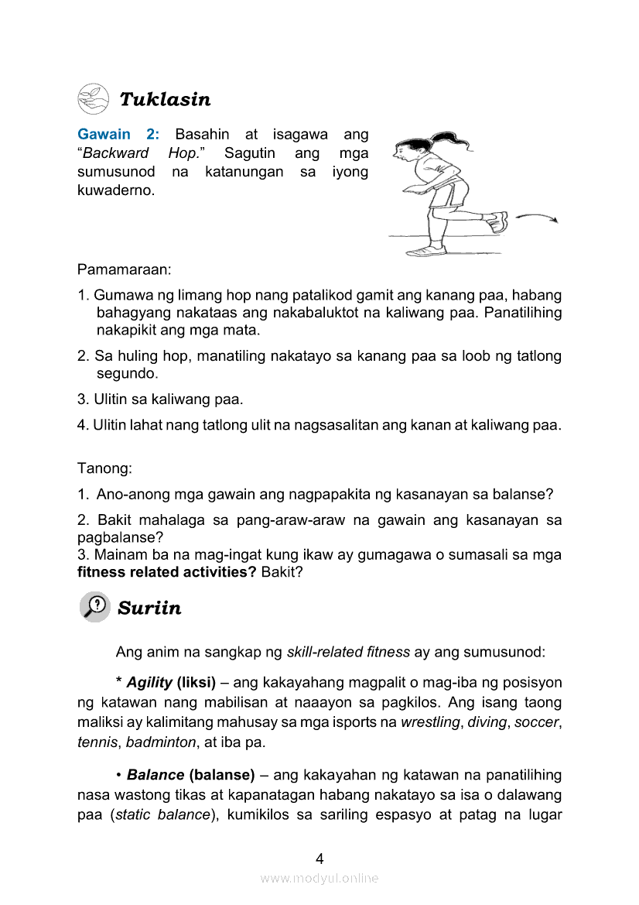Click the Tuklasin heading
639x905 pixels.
(x=165, y=100)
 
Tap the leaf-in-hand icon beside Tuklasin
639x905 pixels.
(x=93, y=99)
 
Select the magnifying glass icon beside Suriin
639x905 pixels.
(x=94, y=606)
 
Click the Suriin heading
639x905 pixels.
(x=149, y=608)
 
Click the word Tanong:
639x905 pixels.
(x=104, y=468)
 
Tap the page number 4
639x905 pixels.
(x=319, y=858)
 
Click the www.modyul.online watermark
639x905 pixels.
(x=319, y=878)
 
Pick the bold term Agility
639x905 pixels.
(x=149, y=684)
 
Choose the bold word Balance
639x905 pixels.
(x=155, y=775)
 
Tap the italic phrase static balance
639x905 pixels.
(x=162, y=814)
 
